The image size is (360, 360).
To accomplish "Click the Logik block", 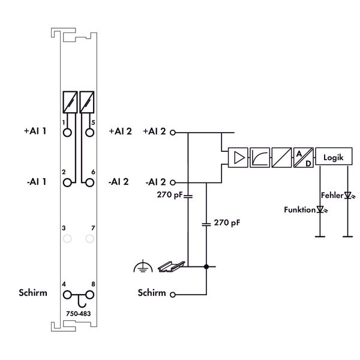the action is tap(334, 157).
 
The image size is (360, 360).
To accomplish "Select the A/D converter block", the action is tap(304, 157).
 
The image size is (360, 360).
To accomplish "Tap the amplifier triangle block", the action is tap(238, 157).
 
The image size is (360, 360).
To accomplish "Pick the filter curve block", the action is tap(260, 157).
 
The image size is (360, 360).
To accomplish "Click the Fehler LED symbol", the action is tap(349, 196).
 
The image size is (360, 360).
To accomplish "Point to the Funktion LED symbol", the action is tap(321, 209).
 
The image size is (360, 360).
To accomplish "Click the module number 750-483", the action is tap(78, 314).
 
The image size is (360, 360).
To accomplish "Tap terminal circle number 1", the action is tap(67, 133).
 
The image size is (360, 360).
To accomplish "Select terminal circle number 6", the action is tap(89, 183).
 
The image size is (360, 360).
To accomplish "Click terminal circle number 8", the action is tap(89, 295).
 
